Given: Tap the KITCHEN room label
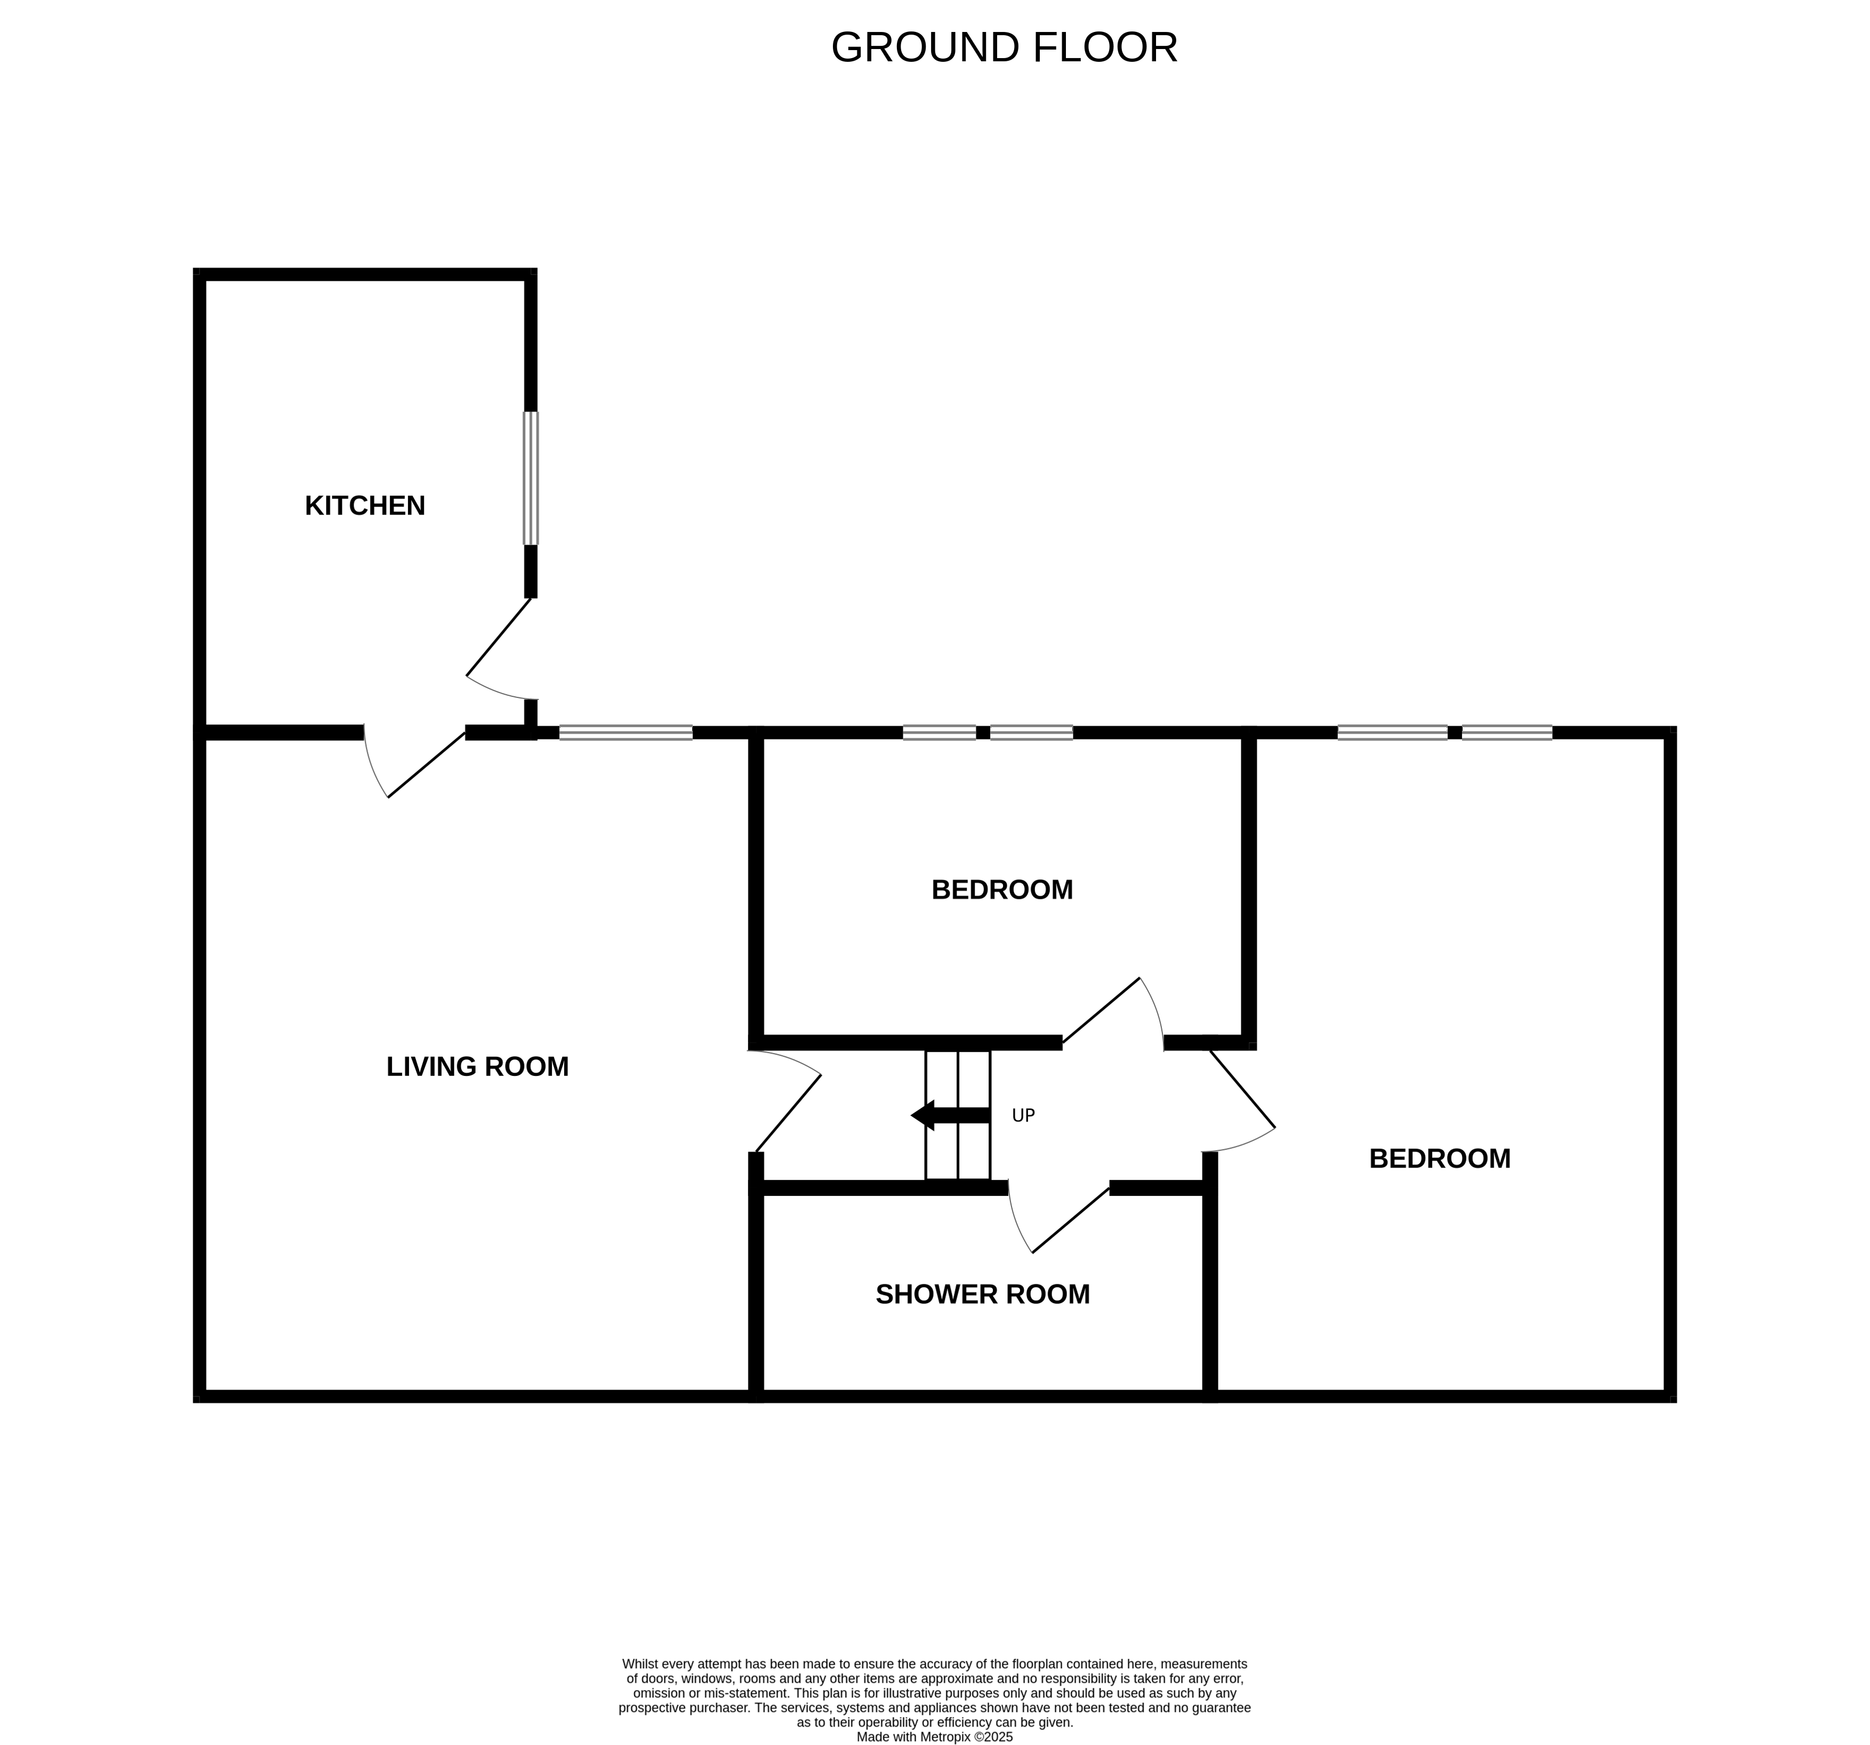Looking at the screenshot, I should pyautogui.click(x=365, y=506).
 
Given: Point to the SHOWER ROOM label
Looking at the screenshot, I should pyautogui.click(x=982, y=1294).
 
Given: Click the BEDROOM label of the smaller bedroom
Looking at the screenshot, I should pyautogui.click(x=1002, y=890).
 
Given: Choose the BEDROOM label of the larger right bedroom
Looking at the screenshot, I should pyautogui.click(x=1439, y=1159).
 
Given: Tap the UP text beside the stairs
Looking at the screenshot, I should pyautogui.click(x=1023, y=1116).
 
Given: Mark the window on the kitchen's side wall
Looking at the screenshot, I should pyautogui.click(x=531, y=478).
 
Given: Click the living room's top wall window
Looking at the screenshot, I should pyautogui.click(x=625, y=733).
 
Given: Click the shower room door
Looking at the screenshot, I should pyautogui.click(x=1063, y=1220).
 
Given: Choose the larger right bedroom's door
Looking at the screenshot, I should pyautogui.click(x=1242, y=1091).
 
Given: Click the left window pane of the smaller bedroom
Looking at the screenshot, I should pyautogui.click(x=939, y=733).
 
